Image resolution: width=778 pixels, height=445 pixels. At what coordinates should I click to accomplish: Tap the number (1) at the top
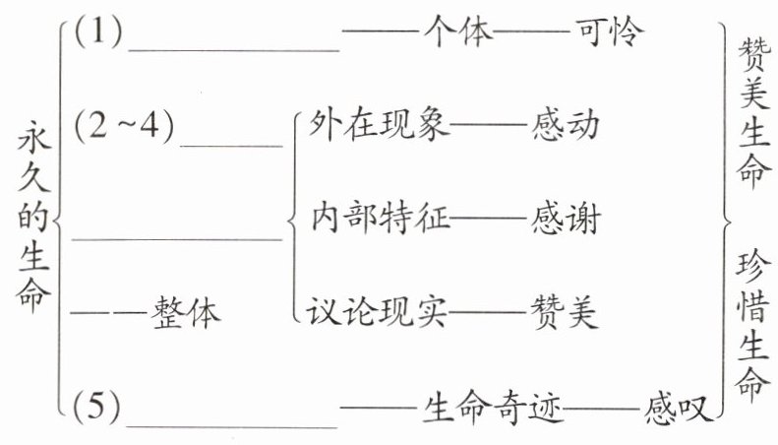point(98,35)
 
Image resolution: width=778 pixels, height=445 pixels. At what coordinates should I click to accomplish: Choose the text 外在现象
point(379,124)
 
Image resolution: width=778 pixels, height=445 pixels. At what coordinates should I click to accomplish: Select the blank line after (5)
point(233,424)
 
